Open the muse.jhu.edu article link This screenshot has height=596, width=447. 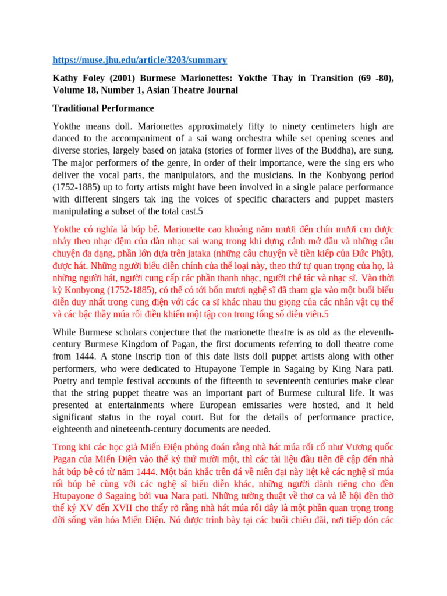click(x=140, y=60)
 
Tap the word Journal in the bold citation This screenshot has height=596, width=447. click(x=219, y=90)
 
